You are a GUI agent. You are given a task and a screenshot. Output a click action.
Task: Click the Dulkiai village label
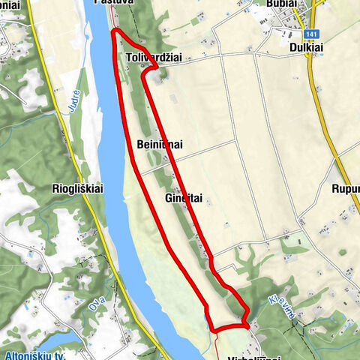304,46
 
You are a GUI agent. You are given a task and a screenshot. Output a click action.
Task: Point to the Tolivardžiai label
155,58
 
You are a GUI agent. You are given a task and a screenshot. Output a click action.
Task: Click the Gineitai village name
184,198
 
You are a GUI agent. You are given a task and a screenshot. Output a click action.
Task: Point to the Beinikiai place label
160,144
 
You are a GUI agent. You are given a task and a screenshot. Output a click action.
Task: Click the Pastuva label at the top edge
114,3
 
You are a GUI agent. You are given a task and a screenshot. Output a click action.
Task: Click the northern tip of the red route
115,31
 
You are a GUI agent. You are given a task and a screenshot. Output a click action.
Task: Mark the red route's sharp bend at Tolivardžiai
157,68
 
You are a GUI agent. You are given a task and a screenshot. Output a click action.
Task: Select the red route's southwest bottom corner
212,329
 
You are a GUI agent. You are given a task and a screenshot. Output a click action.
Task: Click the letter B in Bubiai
268,4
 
